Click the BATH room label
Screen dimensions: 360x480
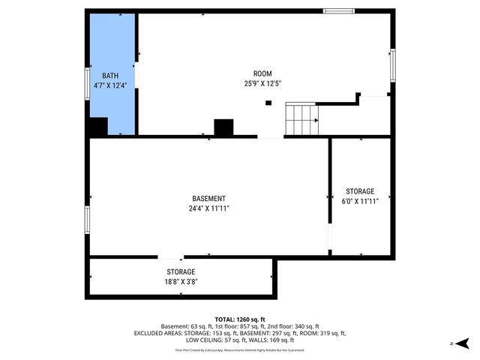pyautogui.click(x=110, y=75)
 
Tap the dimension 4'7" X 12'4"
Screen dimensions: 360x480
pyautogui.click(x=110, y=85)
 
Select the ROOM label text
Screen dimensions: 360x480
pyautogui.click(x=262, y=73)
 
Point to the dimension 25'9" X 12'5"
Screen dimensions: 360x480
pyautogui.click(x=262, y=83)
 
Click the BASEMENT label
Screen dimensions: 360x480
pyautogui.click(x=208, y=199)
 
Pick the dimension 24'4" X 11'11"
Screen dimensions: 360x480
pyautogui.click(x=208, y=208)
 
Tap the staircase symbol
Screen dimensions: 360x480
pyautogui.click(x=301, y=118)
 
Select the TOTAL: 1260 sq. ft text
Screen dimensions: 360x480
pyautogui.click(x=240, y=319)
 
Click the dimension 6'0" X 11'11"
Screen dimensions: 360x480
pyautogui.click(x=359, y=201)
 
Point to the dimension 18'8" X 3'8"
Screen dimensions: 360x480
pyautogui.click(x=181, y=282)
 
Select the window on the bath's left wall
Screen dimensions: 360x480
pyautogui.click(x=87, y=79)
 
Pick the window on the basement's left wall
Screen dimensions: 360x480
pyautogui.click(x=87, y=220)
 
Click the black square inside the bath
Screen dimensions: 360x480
pyautogui.click(x=98, y=127)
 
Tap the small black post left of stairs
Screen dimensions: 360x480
pyautogui.click(x=268, y=103)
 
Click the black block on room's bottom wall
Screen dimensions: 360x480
pyautogui.click(x=223, y=127)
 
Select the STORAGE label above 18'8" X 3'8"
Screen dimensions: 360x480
pyautogui.click(x=181, y=271)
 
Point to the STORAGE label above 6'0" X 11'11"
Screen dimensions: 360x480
pyautogui.click(x=359, y=191)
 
